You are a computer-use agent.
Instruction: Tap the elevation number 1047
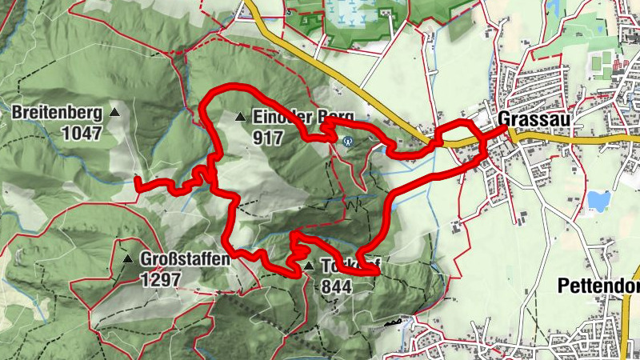pos(85,134)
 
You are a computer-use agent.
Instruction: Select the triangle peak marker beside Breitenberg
pos(114,113)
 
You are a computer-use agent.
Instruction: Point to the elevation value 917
pos(267,138)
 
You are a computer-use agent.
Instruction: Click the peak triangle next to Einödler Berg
pos(239,118)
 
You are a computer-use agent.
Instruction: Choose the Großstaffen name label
pos(185,259)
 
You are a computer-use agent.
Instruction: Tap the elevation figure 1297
pos(161,279)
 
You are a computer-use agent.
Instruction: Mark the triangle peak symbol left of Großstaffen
pos(127,259)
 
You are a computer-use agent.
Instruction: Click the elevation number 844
pos(336,286)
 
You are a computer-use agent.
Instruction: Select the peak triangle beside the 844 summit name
pos(309,266)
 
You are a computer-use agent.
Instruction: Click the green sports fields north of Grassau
pos(599,59)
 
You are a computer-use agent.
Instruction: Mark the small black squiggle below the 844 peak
pos(392,323)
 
